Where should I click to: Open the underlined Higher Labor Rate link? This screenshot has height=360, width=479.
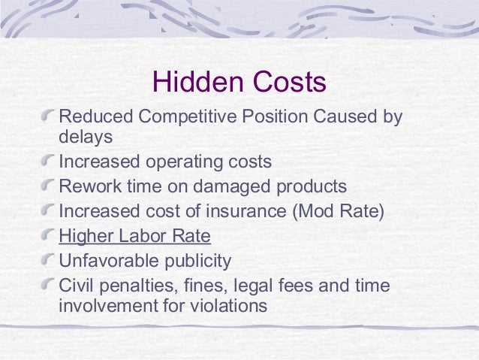134,236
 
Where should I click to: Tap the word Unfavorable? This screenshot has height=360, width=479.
105,261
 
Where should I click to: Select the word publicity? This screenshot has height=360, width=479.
194,261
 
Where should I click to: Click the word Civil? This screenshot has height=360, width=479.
76,286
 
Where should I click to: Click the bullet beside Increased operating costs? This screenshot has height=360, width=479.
49,162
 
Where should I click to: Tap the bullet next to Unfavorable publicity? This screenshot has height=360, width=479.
49,261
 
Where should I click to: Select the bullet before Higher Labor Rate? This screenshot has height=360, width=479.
49,236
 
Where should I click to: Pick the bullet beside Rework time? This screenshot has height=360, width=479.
49,186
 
